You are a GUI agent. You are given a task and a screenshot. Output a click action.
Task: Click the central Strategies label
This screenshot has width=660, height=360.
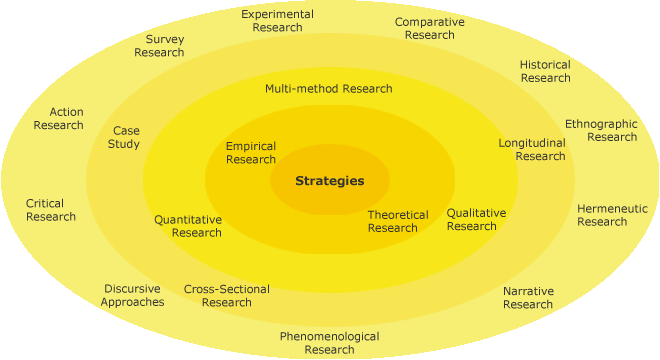pyautogui.click(x=329, y=181)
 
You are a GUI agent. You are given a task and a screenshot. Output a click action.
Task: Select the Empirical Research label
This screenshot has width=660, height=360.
pyautogui.click(x=250, y=153)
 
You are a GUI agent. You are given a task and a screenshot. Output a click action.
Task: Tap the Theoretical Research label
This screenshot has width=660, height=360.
pyautogui.click(x=397, y=221)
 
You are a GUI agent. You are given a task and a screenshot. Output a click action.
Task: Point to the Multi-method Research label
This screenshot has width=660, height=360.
pyautogui.click(x=328, y=88)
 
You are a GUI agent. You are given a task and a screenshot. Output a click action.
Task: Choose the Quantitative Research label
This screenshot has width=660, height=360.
pyautogui.click(x=188, y=226)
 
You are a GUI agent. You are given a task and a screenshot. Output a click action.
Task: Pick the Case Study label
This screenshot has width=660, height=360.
pyautogui.click(x=125, y=137)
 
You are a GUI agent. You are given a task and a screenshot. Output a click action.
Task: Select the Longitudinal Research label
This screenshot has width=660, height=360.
pyautogui.click(x=533, y=149)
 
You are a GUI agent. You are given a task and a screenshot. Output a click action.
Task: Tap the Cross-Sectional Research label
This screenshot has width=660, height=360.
pyautogui.click(x=226, y=296)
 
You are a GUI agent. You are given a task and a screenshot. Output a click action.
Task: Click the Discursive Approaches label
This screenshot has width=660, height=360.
pyautogui.click(x=132, y=296)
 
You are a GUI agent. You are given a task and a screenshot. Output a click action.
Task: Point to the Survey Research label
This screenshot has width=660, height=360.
pyautogui.click(x=159, y=46)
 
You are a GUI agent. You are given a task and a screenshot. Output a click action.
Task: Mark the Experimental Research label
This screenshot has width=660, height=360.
pyautogui.click(x=277, y=21)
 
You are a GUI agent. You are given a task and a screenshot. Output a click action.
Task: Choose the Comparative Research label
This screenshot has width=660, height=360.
pyautogui.click(x=430, y=28)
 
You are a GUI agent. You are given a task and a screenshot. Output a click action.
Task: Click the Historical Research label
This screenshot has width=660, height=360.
pyautogui.click(x=545, y=71)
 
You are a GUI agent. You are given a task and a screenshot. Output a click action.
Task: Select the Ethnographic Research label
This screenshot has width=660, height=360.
pyautogui.click(x=601, y=130)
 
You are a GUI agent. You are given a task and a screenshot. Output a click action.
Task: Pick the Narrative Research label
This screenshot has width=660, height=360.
pyautogui.click(x=528, y=297)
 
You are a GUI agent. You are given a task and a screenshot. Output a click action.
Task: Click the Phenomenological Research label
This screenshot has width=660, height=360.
pyautogui.click(x=329, y=343)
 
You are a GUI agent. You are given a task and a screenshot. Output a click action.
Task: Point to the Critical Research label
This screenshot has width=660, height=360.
pyautogui.click(x=50, y=210)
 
